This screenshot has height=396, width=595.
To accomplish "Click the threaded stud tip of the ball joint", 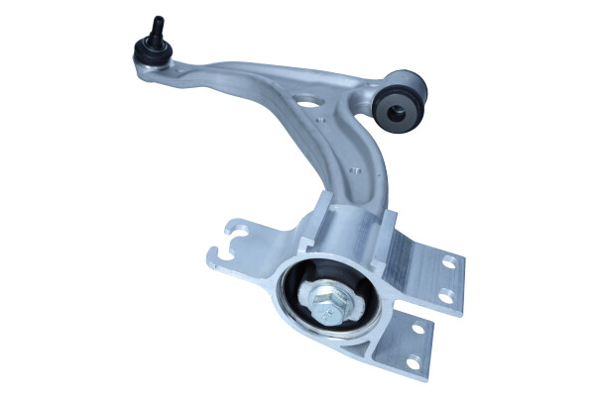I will point(157,21).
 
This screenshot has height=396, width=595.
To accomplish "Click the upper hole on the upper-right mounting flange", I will point(448,264).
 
